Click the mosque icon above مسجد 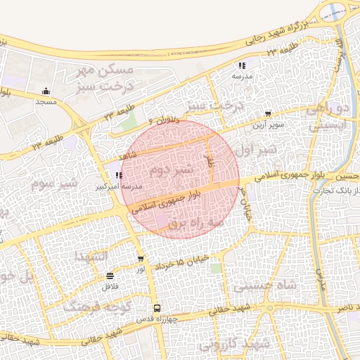[46, 91]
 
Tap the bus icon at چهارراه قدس [157, 307]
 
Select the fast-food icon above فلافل [110, 276]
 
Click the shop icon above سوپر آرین [268, 114]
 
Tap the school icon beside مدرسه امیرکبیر [118, 175]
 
